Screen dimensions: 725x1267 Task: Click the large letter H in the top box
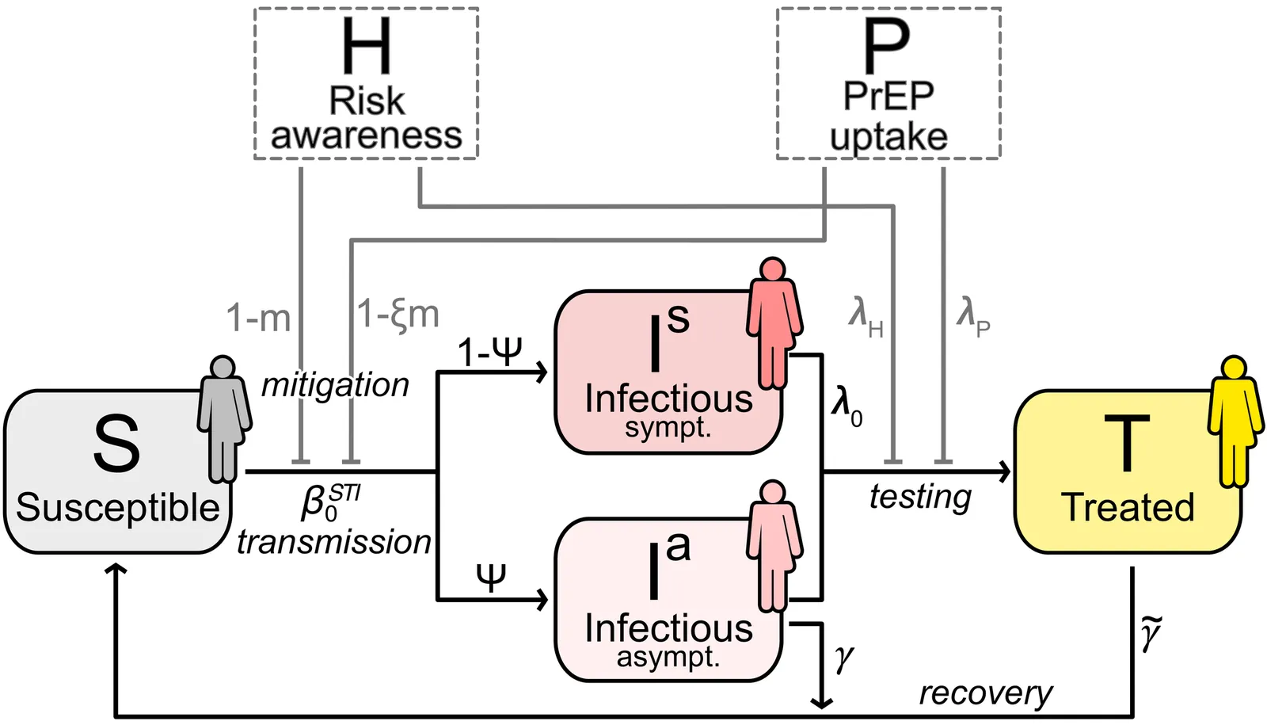point(366,47)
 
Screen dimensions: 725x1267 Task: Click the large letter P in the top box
point(886,47)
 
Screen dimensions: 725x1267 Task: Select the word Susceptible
point(117,507)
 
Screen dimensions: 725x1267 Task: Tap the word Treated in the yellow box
point(1128,507)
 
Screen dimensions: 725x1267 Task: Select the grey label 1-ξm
point(398,314)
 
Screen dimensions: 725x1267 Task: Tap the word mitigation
point(335,385)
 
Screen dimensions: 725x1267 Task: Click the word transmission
point(333,542)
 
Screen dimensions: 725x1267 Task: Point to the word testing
point(920,497)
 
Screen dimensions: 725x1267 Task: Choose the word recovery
point(985,693)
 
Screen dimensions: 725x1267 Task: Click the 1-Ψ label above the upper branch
point(489,351)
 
